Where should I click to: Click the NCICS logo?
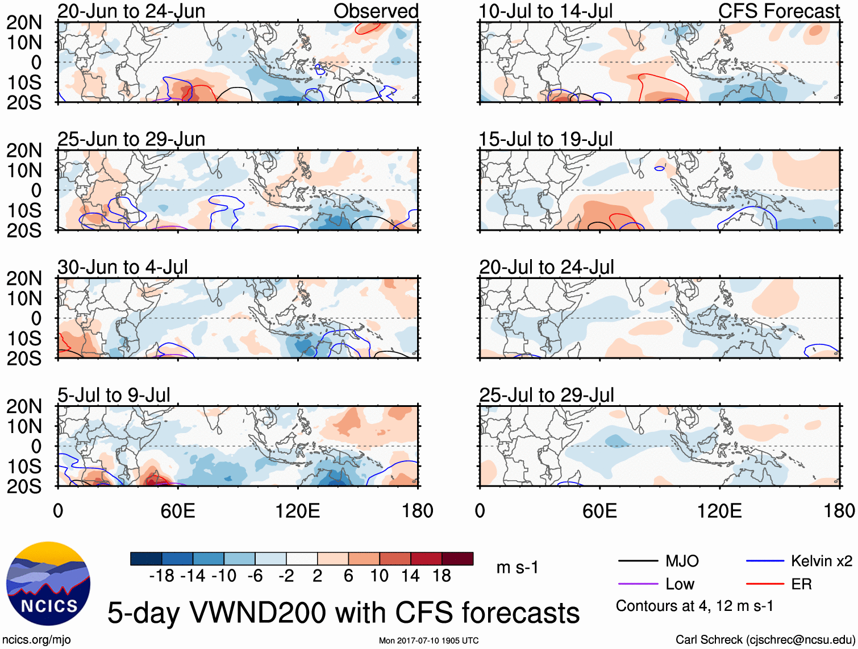[48, 584]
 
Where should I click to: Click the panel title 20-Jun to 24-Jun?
[131, 11]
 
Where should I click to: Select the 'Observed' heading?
[376, 11]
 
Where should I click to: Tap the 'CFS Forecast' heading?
[778, 11]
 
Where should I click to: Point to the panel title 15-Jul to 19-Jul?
[545, 139]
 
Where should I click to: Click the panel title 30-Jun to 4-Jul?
[123, 267]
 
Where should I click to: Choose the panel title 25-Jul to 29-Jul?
[547, 395]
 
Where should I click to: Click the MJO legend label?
[682, 561]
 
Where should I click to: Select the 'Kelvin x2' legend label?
[821, 561]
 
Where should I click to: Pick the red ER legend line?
[765, 584]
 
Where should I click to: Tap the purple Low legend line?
[638, 584]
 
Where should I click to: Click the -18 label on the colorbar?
[162, 576]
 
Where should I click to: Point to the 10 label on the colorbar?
[379, 576]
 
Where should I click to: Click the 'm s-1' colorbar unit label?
[517, 568]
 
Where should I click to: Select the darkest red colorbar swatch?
[457, 559]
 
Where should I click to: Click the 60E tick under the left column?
[178, 511]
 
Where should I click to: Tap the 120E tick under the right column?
[719, 511]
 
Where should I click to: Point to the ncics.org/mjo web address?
[36, 639]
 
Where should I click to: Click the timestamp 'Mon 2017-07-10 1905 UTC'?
[428, 640]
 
